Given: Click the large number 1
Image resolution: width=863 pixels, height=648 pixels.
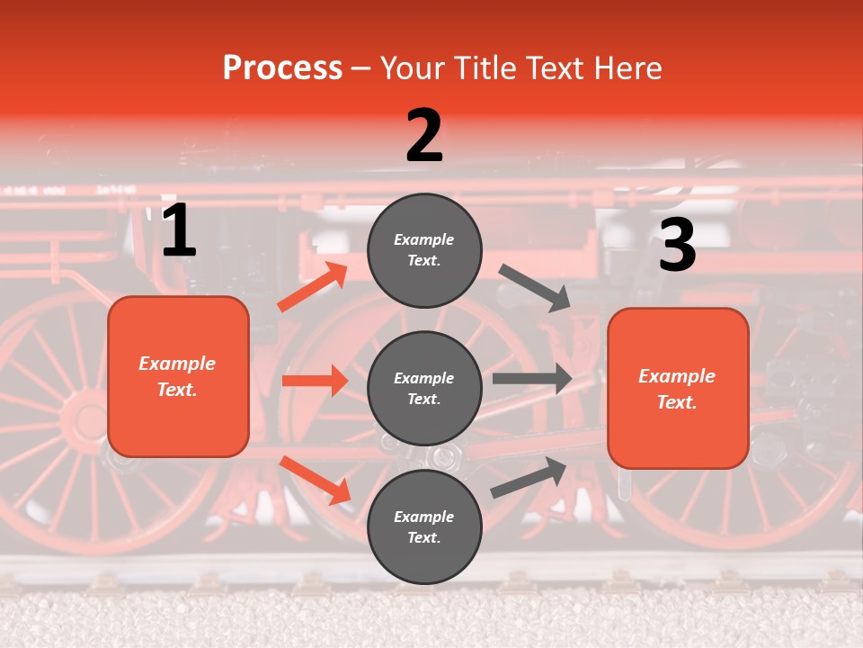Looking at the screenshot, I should point(179,231).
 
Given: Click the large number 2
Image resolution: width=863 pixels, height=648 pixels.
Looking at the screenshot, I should point(424,136).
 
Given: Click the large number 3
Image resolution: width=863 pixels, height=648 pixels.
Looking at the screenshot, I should point(677,246).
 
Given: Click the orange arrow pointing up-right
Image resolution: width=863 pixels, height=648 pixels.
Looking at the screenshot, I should point(313,287).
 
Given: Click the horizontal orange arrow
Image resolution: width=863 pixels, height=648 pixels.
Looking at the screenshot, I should point(315,381).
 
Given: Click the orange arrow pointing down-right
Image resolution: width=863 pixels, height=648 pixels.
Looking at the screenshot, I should point(315,480).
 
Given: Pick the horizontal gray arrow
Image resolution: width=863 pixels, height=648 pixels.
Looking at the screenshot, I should point(531,379).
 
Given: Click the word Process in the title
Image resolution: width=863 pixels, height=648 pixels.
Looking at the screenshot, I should point(282,68).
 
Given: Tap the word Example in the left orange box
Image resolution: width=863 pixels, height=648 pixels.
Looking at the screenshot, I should point(177,364).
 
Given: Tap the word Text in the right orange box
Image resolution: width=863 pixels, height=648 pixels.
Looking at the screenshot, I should point(676,402).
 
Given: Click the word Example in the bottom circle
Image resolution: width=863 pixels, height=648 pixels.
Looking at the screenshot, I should point(424,517).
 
